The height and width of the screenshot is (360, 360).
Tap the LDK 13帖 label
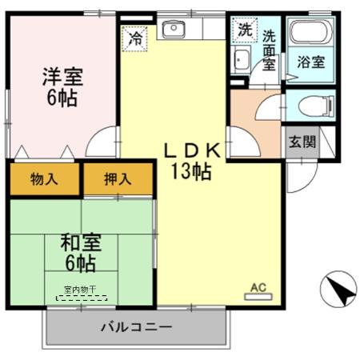coord(192,160)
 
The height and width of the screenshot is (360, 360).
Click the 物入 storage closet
coord(45,179)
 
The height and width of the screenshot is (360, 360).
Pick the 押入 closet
coord(118,179)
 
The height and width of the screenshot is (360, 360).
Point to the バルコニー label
coord(136,326)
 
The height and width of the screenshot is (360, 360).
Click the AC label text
coord(258,286)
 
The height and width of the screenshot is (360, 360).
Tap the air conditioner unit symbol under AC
coord(258,296)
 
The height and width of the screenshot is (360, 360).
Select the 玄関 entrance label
coord(302,142)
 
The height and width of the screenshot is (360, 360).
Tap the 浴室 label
coord(311,61)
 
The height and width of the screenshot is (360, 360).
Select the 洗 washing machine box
coord(243,30)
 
